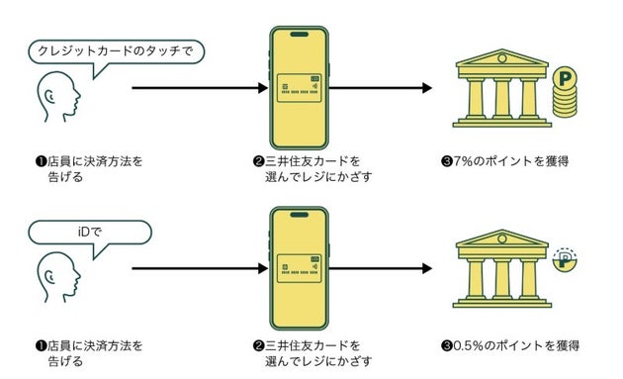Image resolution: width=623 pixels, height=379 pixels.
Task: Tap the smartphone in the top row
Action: pos(300,88)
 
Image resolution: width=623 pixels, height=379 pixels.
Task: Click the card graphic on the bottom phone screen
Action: pos(300,268)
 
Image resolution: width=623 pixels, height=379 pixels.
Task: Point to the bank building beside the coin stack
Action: pos(498,92)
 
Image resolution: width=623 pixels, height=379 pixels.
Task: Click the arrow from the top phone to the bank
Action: pos(382,88)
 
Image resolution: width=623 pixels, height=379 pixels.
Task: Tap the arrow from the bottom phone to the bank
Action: pos(382,268)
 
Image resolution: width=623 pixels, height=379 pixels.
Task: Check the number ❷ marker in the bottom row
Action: pos(258,345)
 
